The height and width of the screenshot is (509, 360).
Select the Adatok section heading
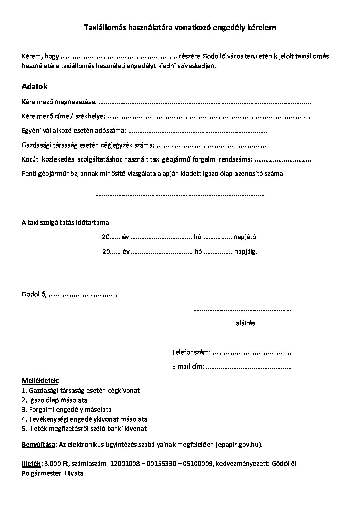coord(35,87)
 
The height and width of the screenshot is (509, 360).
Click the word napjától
coord(246,237)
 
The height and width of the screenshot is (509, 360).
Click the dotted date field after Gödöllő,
coord(83,295)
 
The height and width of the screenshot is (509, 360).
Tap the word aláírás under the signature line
coord(245,323)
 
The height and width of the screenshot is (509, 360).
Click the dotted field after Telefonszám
coord(252,352)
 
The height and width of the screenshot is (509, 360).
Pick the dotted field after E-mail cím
coord(249,367)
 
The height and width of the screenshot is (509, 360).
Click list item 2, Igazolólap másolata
coord(54,400)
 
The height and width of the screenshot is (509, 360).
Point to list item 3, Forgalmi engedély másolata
coord(67,410)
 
